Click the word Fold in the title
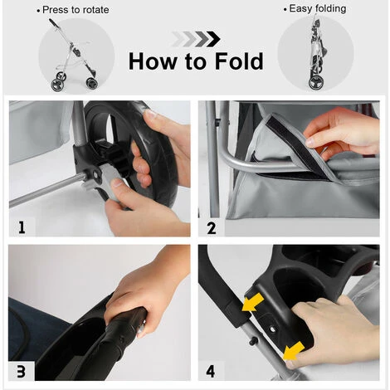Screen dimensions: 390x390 pos(239,61)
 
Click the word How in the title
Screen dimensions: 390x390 pos(153,61)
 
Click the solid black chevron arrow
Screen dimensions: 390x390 pos(213,39)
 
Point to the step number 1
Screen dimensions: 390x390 pos(22,227)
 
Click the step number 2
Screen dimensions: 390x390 pos(212,228)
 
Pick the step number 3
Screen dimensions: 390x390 pos(21,372)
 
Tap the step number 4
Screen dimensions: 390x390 pos(211,372)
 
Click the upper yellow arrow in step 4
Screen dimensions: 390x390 pos(252,302)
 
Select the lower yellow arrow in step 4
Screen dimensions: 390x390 pos(294,351)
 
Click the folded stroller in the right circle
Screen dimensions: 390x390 pos(316,52)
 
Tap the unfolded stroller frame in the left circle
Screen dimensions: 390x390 pos(73,56)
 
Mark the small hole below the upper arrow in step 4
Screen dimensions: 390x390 pos(273,329)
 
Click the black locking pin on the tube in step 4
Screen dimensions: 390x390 pos(253,341)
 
